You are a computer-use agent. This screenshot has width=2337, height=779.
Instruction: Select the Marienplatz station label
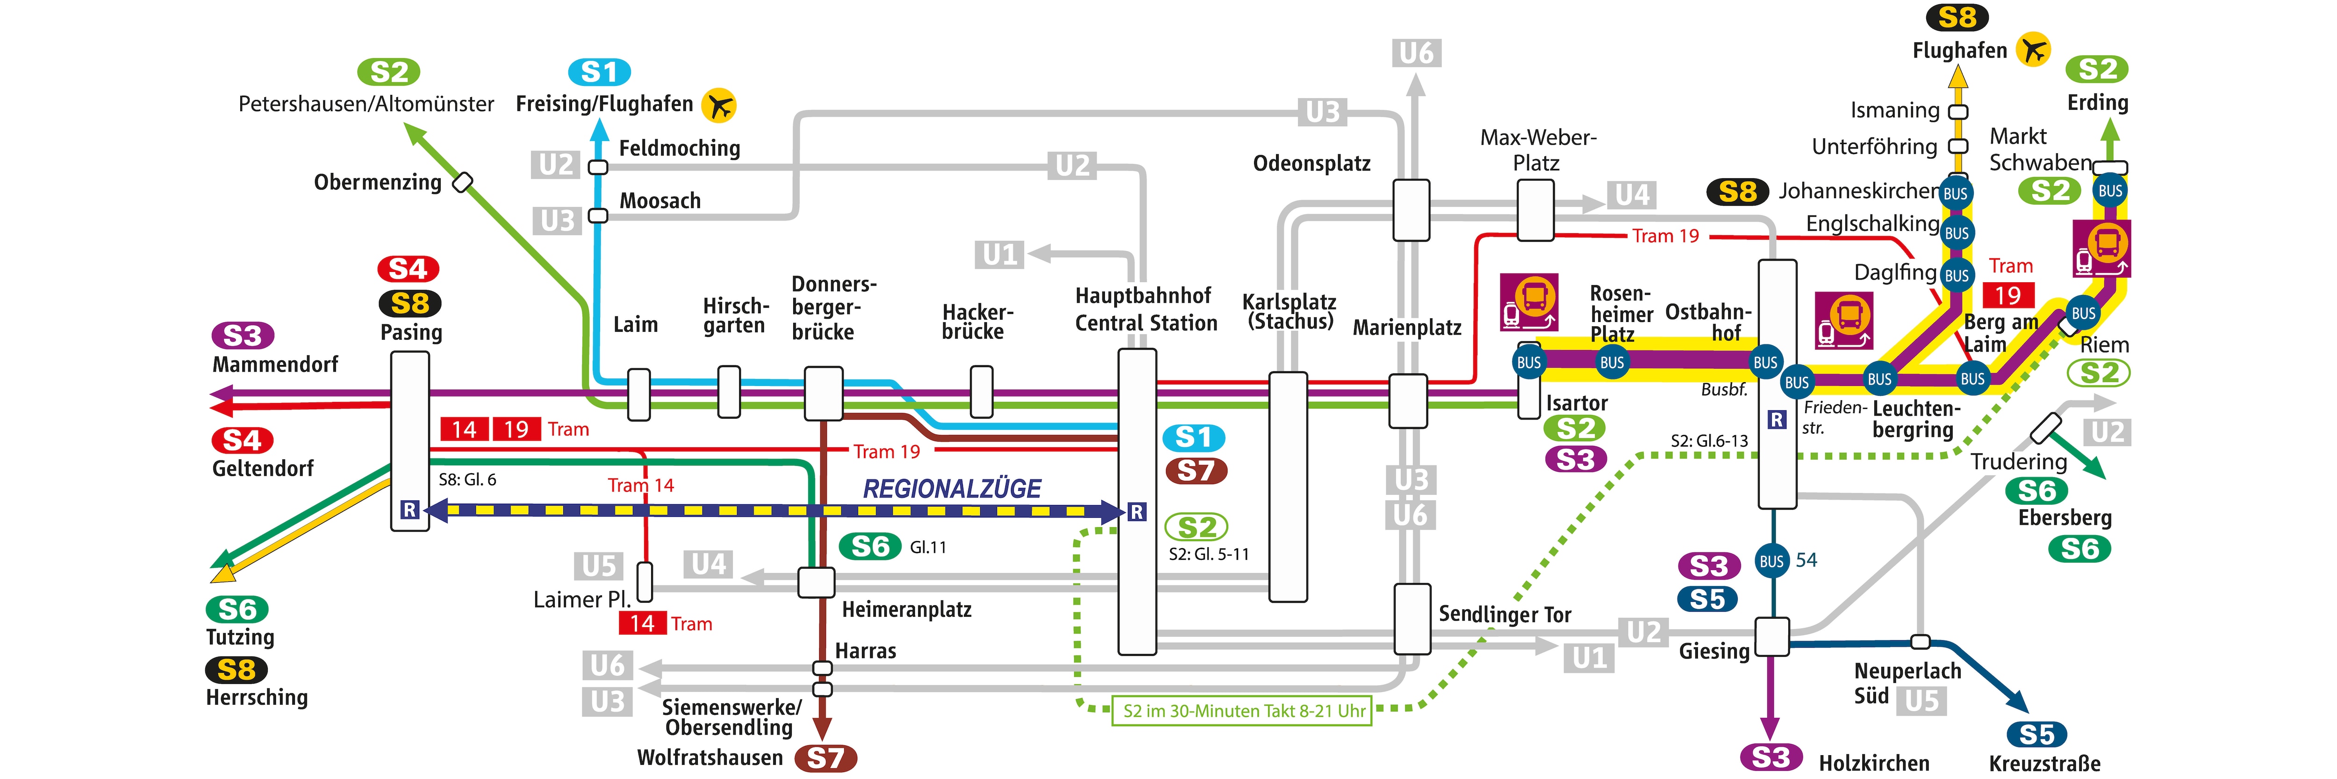(1406, 328)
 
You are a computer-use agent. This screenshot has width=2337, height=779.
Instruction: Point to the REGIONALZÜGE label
(952, 489)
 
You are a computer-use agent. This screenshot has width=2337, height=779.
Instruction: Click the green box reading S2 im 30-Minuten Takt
(1242, 711)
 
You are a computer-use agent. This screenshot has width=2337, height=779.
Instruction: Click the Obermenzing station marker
(463, 182)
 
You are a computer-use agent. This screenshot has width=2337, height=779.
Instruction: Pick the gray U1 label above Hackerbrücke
(1000, 255)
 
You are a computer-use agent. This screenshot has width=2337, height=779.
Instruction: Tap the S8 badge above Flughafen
(1957, 17)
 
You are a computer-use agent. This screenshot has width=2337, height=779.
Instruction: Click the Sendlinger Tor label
(1504, 614)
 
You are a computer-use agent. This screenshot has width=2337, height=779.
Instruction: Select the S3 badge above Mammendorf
(242, 336)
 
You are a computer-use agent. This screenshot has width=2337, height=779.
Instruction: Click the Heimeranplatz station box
(816, 582)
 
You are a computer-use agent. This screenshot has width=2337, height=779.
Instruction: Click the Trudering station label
(2018, 462)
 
